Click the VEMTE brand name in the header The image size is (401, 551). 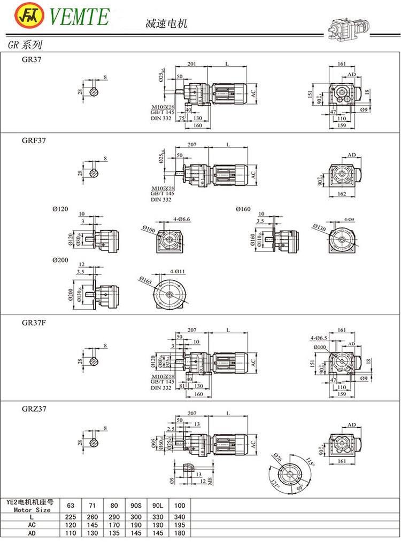79,16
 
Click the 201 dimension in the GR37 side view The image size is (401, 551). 191,64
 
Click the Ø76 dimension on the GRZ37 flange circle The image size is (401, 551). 277,458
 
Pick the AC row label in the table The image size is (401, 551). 33,524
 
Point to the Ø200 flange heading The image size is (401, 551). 60,260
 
